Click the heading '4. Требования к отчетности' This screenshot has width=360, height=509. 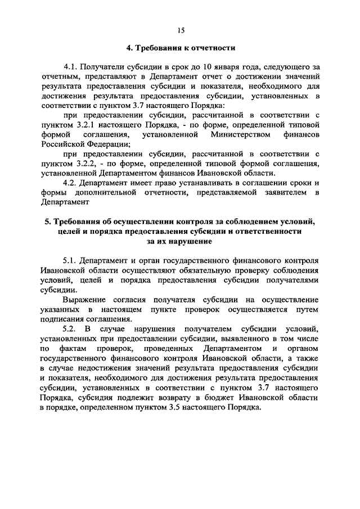[x=179, y=48]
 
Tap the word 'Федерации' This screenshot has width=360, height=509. [x=105, y=144]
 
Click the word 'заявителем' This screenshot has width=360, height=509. [x=281, y=193]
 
